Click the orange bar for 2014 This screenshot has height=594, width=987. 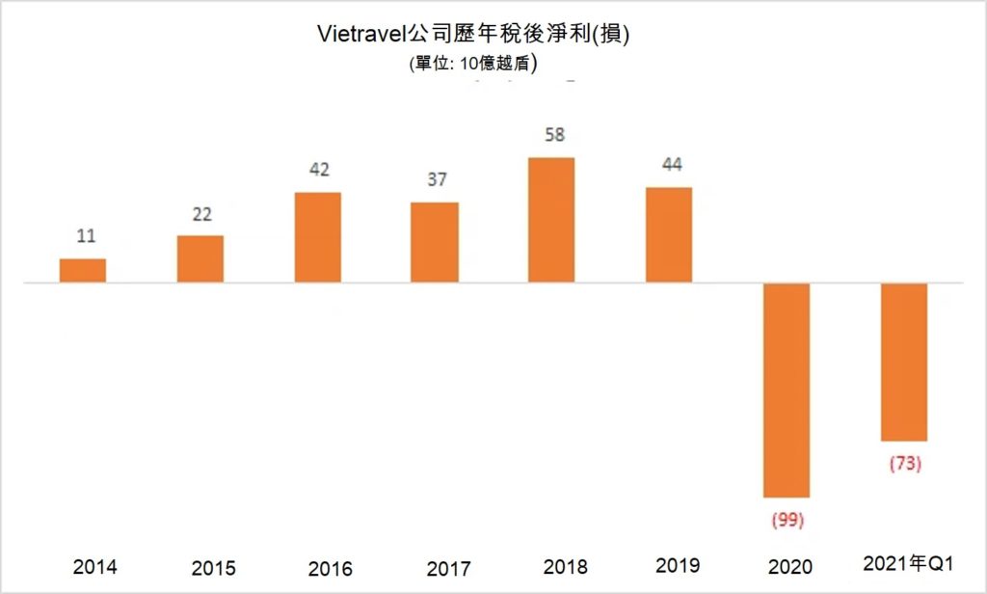83,270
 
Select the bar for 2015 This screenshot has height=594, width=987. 200,258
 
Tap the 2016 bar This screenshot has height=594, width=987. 318,237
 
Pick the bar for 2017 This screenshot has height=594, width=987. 435,242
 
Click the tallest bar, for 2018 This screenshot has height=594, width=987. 551,220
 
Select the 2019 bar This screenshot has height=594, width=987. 669,234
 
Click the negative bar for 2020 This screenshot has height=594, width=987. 787,390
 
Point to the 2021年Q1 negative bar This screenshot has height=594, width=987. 904,362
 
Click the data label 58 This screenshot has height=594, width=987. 554,136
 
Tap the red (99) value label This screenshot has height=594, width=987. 787,520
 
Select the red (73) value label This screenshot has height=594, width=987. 904,464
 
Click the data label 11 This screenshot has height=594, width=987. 86,236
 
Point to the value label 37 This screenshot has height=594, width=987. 437,180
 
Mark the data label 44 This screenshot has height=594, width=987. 672,165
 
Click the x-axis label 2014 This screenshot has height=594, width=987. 94,567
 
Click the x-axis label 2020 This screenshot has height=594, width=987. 792,567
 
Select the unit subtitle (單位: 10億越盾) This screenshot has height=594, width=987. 472,65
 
